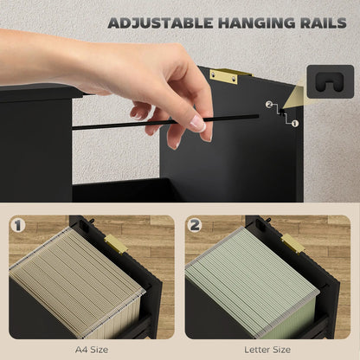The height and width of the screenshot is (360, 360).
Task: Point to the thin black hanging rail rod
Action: pos(130,123)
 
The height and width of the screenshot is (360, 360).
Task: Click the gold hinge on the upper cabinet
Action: pos(224,76)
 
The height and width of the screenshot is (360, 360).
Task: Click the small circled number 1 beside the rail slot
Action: pos(294,124)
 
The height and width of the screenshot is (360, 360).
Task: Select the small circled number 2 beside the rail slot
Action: pos(270,105)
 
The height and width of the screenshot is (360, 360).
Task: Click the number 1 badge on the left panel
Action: pos(19,228)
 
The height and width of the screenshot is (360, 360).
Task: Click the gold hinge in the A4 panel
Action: pos(116,245)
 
